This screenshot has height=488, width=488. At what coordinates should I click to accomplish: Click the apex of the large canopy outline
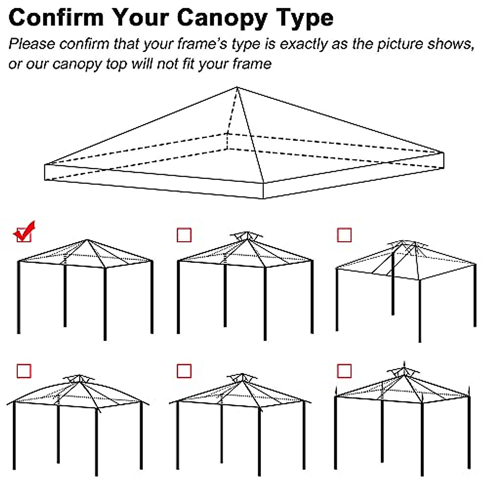[237, 87]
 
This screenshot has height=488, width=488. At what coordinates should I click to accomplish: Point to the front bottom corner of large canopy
[264, 199]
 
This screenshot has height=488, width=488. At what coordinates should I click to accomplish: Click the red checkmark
[24, 232]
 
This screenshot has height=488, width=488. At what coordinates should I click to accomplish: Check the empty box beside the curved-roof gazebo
[24, 371]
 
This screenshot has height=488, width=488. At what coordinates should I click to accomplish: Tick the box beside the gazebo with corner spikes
[344, 371]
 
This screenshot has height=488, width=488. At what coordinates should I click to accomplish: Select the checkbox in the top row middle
[184, 235]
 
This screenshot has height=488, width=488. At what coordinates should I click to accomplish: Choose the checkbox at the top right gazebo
[344, 235]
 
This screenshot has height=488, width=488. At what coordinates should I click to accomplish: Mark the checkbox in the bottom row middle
[184, 371]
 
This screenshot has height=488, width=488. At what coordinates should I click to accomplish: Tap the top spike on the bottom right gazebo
[404, 363]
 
